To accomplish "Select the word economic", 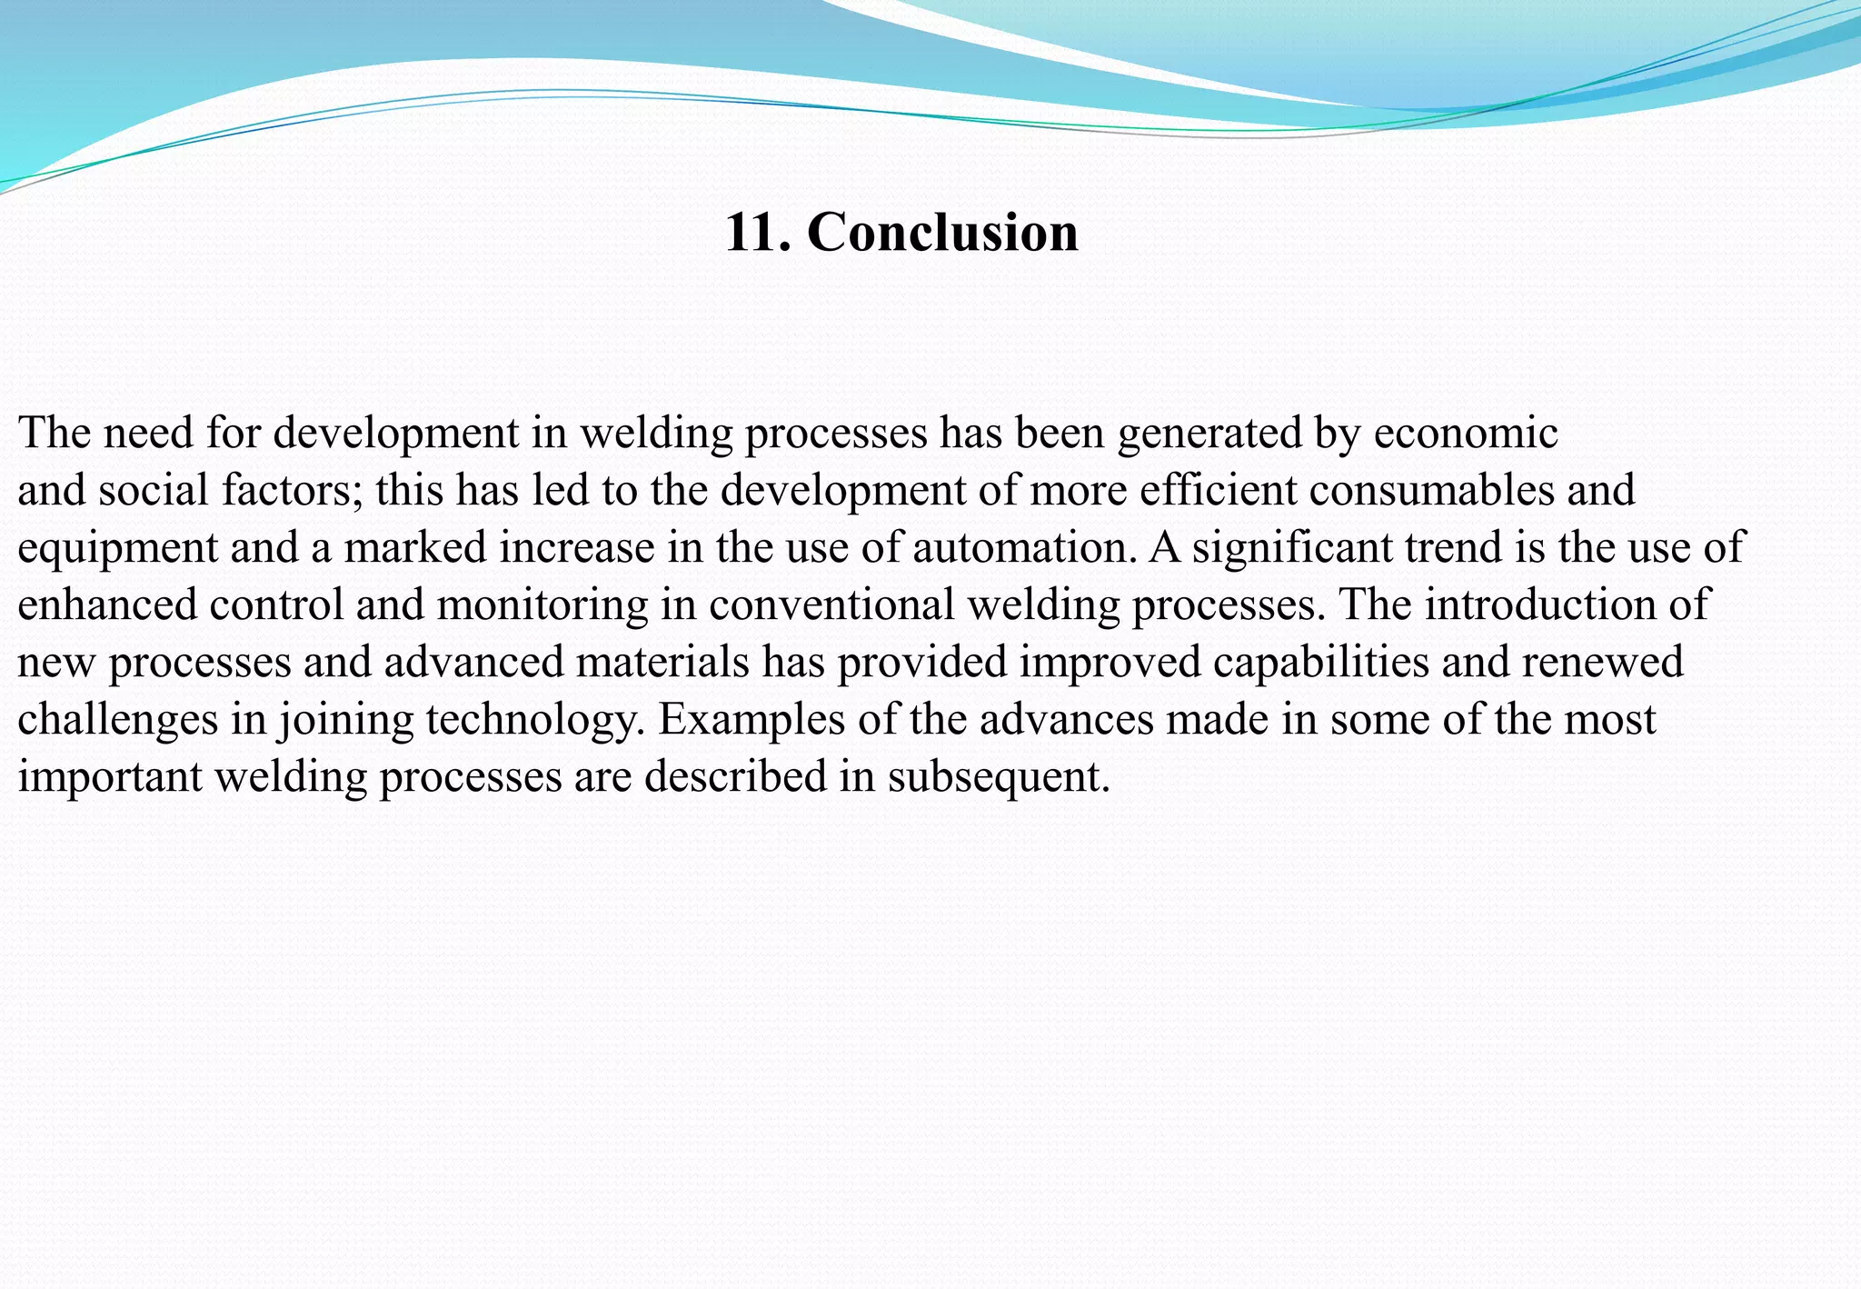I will pyautogui.click(x=1466, y=433).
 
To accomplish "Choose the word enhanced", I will pyautogui.click(x=107, y=605).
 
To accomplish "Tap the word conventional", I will pyautogui.click(x=831, y=605).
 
